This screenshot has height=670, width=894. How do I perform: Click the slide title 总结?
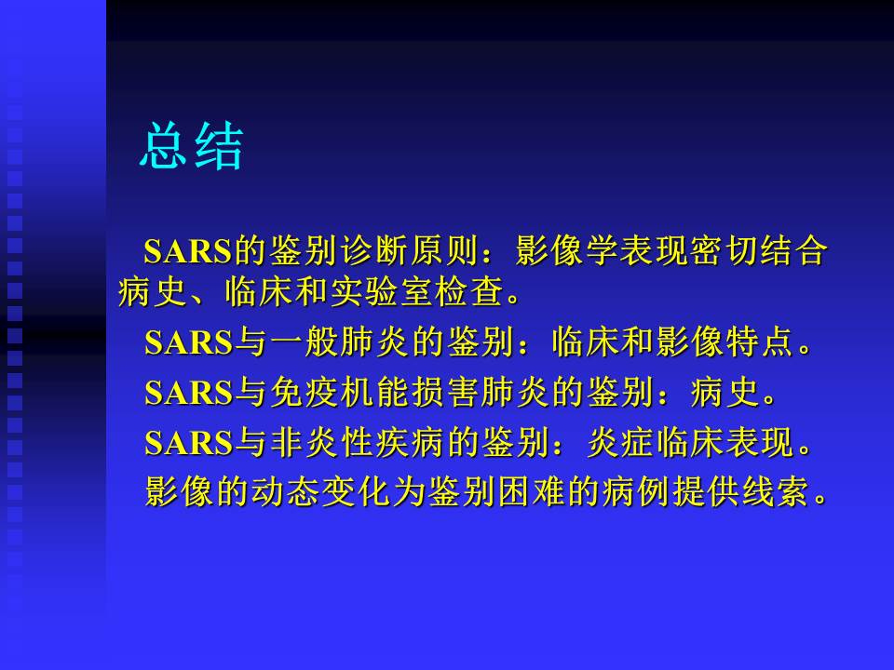[x=192, y=146]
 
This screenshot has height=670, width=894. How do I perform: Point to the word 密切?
[x=723, y=250]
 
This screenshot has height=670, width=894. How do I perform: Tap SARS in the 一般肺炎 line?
[x=189, y=342]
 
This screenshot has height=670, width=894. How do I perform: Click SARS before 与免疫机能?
[x=189, y=393]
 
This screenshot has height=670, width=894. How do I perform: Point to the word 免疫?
[x=304, y=393]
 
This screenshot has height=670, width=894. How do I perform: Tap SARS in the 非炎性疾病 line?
[x=189, y=443]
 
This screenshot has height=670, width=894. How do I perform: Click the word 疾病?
[x=409, y=443]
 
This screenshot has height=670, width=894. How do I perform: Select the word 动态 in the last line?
[x=285, y=491]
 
